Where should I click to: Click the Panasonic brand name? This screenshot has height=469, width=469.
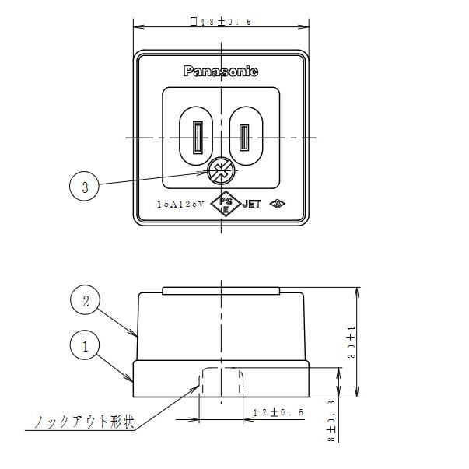click(x=221, y=72)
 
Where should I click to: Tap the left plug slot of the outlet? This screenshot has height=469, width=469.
click(x=197, y=137)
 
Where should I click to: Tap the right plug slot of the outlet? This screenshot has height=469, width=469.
click(x=247, y=137)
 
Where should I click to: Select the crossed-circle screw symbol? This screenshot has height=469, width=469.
click(x=221, y=171)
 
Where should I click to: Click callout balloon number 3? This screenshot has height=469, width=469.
click(x=84, y=186)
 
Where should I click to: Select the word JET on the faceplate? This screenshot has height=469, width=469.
click(x=251, y=205)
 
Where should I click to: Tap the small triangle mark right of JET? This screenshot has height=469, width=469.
click(x=276, y=205)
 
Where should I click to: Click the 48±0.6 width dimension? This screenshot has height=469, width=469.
click(x=222, y=22)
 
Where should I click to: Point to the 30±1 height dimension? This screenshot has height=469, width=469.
click(x=352, y=342)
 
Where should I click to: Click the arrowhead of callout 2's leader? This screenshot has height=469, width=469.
click(x=137, y=335)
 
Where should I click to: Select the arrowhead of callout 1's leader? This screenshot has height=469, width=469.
click(x=132, y=381)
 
